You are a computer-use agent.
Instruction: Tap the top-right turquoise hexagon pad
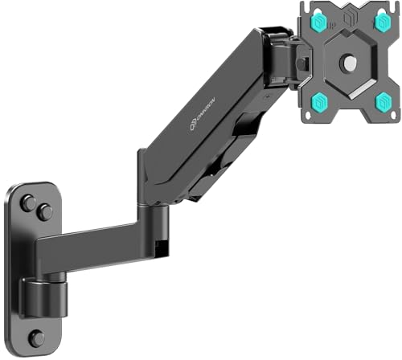tap(382, 23)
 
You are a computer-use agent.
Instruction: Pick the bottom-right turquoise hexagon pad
tap(384, 100)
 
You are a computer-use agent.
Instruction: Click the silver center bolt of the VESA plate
tap(350, 63)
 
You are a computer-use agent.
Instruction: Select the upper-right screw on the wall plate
tap(44, 213)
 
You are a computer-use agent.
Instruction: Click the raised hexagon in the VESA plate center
tap(350, 63)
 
